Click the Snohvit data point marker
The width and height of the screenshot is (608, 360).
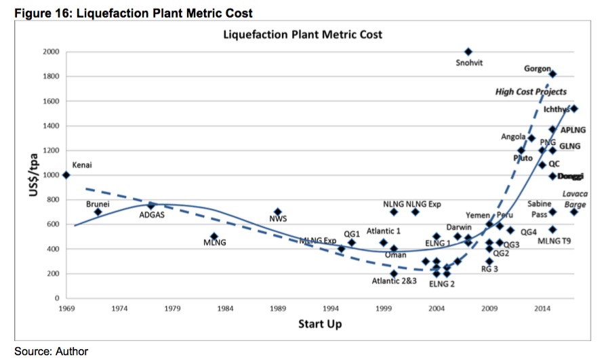pyautogui.click(x=468, y=52)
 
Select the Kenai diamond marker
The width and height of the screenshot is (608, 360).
pyautogui.click(x=66, y=175)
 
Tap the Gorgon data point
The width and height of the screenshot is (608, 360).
pyautogui.click(x=552, y=74)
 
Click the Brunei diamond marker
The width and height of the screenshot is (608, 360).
pyautogui.click(x=98, y=212)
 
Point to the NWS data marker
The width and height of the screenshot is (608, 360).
pyautogui.click(x=277, y=212)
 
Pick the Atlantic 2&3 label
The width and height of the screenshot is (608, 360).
pyautogui.click(x=394, y=281)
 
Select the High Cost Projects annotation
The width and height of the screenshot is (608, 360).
pyautogui.click(x=531, y=92)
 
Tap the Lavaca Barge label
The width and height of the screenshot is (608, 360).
pyautogui.click(x=575, y=199)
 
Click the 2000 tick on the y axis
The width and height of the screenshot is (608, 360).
pyautogui.click(x=51, y=52)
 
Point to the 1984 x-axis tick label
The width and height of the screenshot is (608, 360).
pyautogui.click(x=225, y=309)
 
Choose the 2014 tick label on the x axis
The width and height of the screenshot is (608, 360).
pyautogui.click(x=542, y=309)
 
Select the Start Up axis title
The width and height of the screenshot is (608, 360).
pyautogui.click(x=320, y=324)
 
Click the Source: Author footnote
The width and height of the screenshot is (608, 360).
pyautogui.click(x=51, y=351)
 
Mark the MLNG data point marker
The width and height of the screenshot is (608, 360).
pyautogui.click(x=214, y=237)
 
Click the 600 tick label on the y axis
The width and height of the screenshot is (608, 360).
pyautogui.click(x=53, y=224)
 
